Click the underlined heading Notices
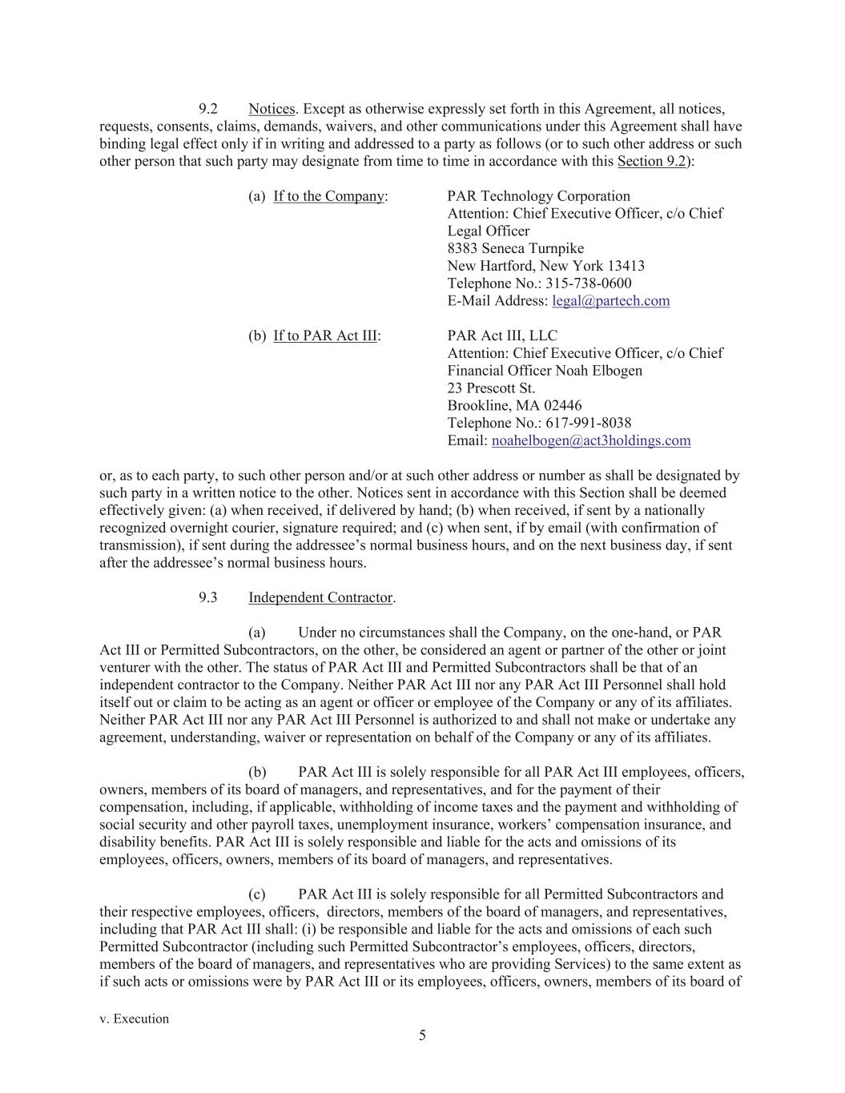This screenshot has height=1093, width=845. click(x=272, y=109)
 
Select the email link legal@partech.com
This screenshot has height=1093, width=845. click(x=610, y=301)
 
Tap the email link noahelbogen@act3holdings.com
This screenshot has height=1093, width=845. click(x=590, y=440)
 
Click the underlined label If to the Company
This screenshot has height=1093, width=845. click(x=328, y=196)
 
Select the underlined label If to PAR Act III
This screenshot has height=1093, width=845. click(x=324, y=336)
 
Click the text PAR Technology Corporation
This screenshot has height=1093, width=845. click(x=538, y=196)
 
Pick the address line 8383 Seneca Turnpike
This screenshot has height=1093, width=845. click(x=515, y=248)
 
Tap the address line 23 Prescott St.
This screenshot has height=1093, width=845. click(x=491, y=388)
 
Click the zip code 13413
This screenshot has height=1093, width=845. click(x=626, y=266)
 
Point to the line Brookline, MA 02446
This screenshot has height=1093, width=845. click(x=514, y=405)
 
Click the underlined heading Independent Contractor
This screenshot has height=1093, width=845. click(x=320, y=597)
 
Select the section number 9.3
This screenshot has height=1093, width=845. click(x=208, y=597)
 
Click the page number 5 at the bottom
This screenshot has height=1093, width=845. click(x=422, y=1035)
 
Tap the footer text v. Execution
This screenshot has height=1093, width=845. click(x=134, y=1019)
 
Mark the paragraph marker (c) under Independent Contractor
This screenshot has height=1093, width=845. click(x=257, y=894)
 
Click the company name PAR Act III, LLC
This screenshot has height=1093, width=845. click(x=502, y=336)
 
